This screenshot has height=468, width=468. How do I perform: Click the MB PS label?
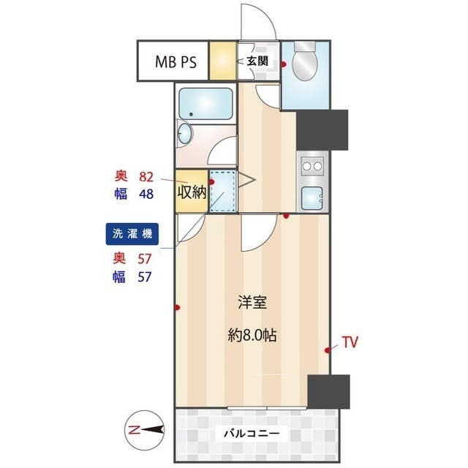coord(175,61)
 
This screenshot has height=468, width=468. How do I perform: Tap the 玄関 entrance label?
coord(257,61)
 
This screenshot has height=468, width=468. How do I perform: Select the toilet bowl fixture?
coord(304,61)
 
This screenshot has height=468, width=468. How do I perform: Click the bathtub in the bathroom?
coord(205,104)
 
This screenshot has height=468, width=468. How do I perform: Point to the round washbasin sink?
coord(185,134)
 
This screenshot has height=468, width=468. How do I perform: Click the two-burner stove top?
coord(312,166)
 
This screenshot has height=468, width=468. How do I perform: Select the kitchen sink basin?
coord(312,198)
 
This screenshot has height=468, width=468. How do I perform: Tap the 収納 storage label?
coord(192,192)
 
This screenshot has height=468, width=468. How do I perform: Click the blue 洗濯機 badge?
coord(132,234)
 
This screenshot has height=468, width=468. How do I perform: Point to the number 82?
coord(146,177)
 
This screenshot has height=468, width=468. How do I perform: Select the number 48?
coord(146,194)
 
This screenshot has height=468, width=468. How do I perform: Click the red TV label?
coord(350,342)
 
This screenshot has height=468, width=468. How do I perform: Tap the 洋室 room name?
coord(252,302)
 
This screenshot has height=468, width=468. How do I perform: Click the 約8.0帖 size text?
coord(252,336)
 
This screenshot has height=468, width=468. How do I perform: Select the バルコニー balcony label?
coord(252,433)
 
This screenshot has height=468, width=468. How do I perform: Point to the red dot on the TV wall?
coord(328,350)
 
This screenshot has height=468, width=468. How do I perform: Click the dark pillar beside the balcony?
coord(328,392)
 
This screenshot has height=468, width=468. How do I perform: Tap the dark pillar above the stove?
coord(322,130)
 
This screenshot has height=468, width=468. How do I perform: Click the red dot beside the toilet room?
coord(284,64)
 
